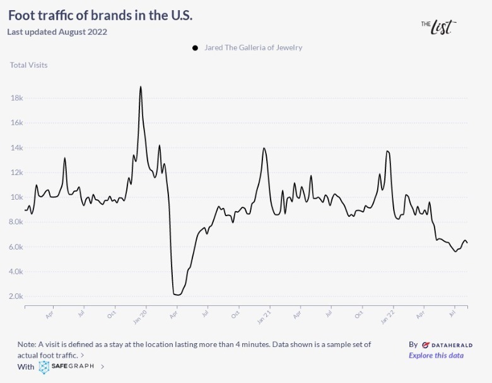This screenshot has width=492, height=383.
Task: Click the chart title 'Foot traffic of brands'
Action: [100, 16]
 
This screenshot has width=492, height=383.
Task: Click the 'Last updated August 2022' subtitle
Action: [57, 32]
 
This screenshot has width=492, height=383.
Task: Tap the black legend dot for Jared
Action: [195, 48]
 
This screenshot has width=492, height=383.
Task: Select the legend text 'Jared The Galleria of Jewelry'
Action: [253, 47]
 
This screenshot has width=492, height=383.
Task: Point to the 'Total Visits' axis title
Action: [28, 65]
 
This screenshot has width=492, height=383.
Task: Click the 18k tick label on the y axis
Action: [17, 99]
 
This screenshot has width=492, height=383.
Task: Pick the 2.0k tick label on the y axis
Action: [16, 296]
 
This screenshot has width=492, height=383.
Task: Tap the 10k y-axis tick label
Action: [17, 197]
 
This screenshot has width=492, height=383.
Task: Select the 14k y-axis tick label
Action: [17, 148]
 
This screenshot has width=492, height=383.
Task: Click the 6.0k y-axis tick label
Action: [16, 247]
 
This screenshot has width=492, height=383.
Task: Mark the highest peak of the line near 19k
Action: [140, 87]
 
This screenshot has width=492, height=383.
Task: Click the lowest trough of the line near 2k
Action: [177, 295]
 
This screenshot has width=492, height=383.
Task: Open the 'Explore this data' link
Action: [436, 355]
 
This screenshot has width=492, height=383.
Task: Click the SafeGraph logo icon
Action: [44, 367]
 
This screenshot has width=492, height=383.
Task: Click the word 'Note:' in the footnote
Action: [27, 344]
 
